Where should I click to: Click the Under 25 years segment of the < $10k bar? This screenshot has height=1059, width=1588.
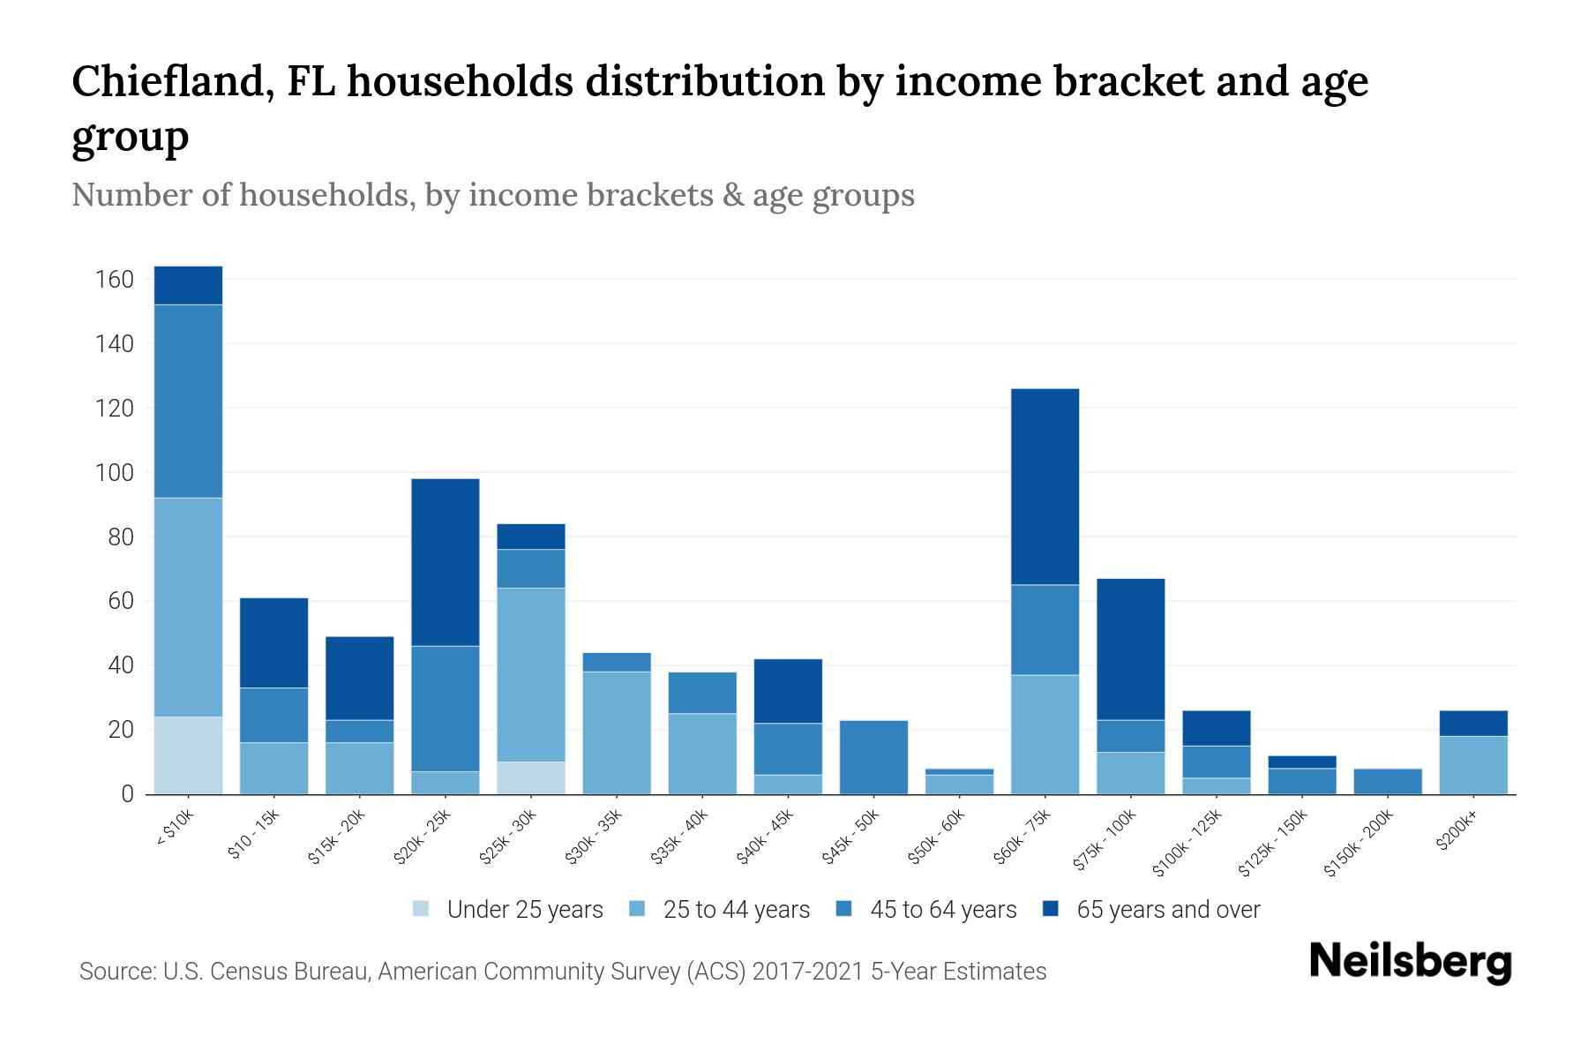[188, 755]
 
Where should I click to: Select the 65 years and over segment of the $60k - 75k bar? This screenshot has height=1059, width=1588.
[1045, 486]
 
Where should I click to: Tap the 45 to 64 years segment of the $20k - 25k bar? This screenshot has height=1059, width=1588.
[446, 709]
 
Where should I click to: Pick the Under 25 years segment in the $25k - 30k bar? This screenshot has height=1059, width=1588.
[531, 777]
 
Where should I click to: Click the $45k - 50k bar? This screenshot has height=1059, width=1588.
[873, 757]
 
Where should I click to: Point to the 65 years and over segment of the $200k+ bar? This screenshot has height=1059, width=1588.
[1473, 723]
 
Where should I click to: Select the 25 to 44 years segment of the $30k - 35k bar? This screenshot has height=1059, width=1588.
[617, 732]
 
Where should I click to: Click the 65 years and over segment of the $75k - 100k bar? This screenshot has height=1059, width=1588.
[1130, 650]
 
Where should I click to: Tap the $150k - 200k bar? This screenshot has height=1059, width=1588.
[1388, 781]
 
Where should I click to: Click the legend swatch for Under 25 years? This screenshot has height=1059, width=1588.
[422, 909]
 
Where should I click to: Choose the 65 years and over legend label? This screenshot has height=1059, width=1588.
[1168, 909]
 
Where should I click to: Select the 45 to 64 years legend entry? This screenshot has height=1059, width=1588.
[943, 909]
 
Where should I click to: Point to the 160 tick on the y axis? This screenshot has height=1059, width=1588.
[115, 280]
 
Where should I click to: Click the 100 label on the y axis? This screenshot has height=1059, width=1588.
[115, 473]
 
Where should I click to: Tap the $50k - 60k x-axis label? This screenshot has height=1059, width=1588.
[938, 837]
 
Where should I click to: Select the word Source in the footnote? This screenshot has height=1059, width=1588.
[116, 972]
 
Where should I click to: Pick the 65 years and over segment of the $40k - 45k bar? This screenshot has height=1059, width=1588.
[788, 691]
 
